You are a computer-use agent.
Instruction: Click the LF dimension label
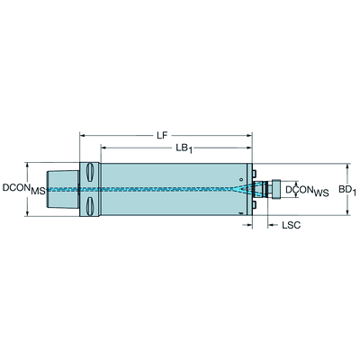pyautogui.click(x=162, y=136)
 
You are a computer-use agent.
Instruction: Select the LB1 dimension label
pyautogui.click(x=184, y=148)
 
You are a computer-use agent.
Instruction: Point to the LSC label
pyautogui.click(x=291, y=225)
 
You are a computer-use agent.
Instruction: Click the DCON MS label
pyautogui.click(x=24, y=189)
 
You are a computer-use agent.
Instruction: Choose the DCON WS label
pyautogui.click(x=307, y=191)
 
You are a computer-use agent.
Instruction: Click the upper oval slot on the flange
pyautogui.click(x=90, y=173)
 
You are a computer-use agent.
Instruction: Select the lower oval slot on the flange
pyautogui.click(x=90, y=206)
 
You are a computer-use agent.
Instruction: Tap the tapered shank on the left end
pyautogui.click(x=62, y=189)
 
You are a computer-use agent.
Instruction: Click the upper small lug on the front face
pyautogui.click(x=255, y=174)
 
